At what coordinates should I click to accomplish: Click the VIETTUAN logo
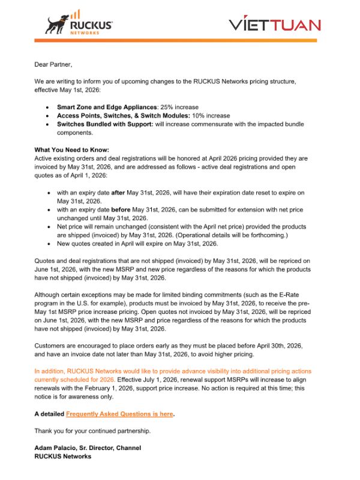(x=274, y=25)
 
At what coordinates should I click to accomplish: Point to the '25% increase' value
(x=178, y=107)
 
